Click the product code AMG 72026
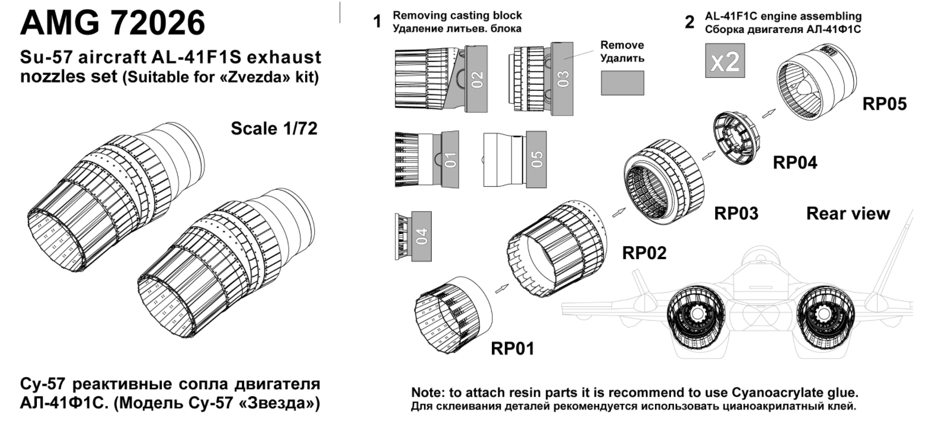click(x=112, y=23)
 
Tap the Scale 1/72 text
click(x=274, y=128)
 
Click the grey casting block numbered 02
click(x=477, y=78)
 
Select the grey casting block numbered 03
click(x=563, y=78)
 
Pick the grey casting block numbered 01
click(x=450, y=159)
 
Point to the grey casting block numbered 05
click(x=536, y=159)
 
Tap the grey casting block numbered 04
click(x=421, y=236)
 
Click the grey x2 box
click(x=724, y=61)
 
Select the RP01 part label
click(x=512, y=348)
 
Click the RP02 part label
click(x=644, y=253)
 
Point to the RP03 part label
click(x=736, y=213)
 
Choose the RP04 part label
click(x=795, y=162)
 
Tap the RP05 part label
click(x=885, y=104)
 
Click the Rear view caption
click(x=848, y=214)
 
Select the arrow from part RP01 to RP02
click(x=500, y=289)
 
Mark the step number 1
click(x=377, y=22)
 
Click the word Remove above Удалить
click(x=622, y=45)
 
